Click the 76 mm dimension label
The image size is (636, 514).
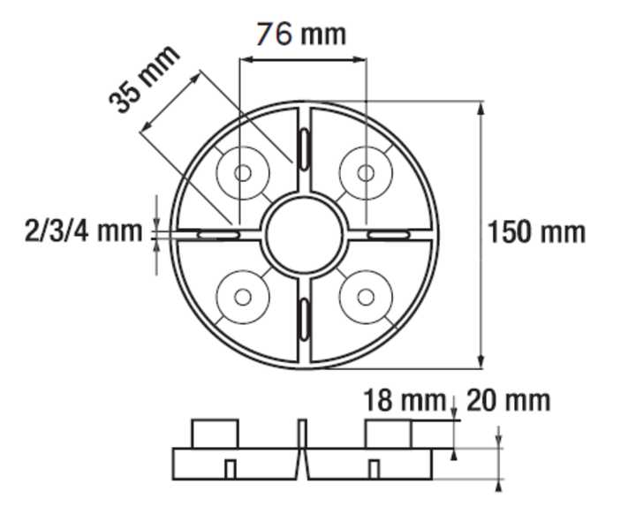point(301,34)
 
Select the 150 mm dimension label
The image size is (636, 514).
point(536,232)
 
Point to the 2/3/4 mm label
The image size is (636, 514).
point(84,231)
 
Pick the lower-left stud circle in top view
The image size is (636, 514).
point(241,296)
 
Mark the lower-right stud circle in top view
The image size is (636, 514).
point(365,296)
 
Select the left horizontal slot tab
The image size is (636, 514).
point(217,235)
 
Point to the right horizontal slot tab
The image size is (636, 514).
point(389,235)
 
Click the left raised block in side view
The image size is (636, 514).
point(216,434)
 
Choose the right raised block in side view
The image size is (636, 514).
point(389,434)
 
